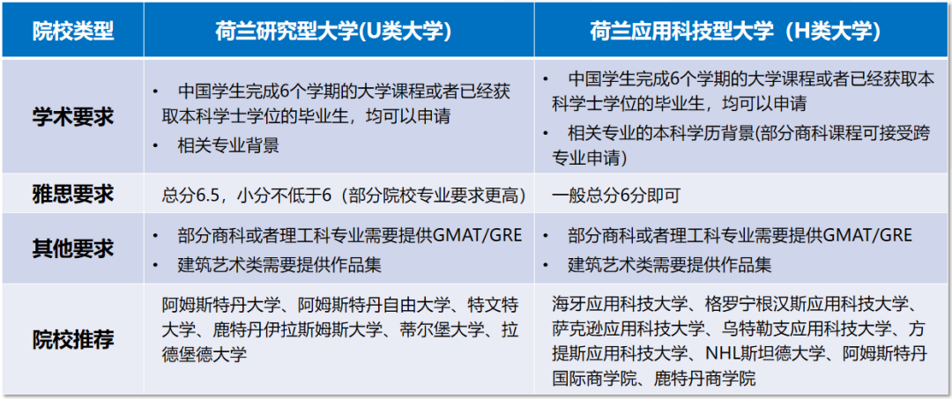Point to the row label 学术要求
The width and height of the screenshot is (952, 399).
[x=73, y=116]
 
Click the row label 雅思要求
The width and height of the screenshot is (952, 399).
[x=73, y=195]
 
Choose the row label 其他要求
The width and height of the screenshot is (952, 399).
[x=73, y=248]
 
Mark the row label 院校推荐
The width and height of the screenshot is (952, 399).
[x=73, y=340]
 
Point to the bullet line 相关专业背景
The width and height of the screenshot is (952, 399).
[x=227, y=145]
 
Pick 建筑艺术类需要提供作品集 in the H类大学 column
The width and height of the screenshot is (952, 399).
[x=670, y=263]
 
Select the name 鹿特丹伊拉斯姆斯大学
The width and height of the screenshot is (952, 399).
[x=298, y=331]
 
